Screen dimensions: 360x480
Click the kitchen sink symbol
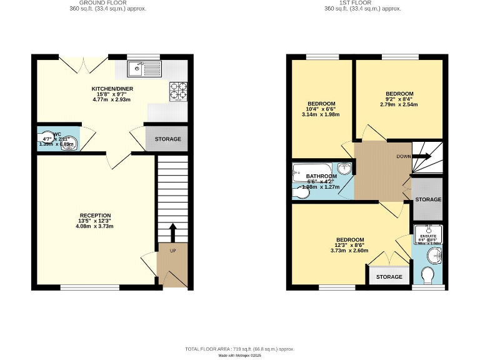pyautogui.click(x=143, y=67)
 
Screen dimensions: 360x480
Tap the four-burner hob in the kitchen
pyautogui.click(x=178, y=92)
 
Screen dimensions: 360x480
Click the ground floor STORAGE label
pyautogui.click(x=167, y=139)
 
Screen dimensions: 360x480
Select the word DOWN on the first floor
pyautogui.click(x=403, y=156)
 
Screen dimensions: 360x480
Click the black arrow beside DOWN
pyautogui.click(x=423, y=156)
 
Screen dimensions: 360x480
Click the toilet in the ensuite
pyautogui.click(x=429, y=276)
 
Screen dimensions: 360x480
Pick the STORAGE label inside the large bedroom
pyautogui.click(x=389, y=277)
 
